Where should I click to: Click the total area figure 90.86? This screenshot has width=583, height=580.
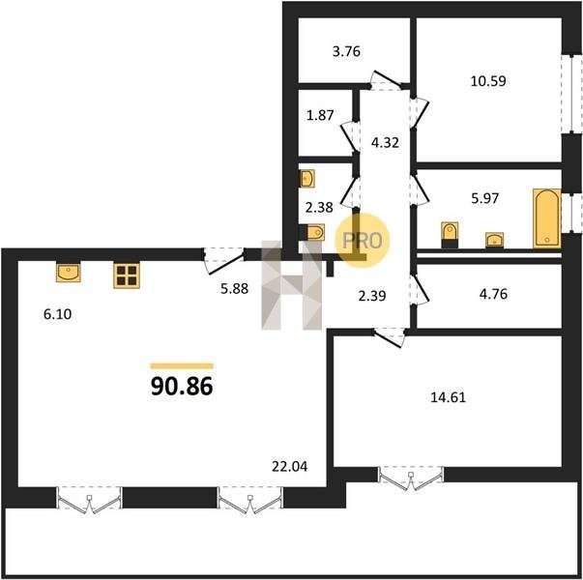182,386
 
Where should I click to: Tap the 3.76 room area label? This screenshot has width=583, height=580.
346,51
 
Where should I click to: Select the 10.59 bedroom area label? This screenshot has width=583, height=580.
488,80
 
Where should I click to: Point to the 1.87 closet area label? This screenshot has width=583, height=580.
320,115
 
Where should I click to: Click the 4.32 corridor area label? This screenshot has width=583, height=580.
385,142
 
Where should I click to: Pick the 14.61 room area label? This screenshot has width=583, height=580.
448,397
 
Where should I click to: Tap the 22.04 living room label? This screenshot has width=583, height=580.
290,466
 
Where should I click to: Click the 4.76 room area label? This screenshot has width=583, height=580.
493,294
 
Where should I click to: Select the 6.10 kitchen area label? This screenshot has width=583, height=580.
58,314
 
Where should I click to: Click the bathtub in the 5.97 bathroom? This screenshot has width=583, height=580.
546,217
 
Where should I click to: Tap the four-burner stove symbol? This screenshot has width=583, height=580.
127,275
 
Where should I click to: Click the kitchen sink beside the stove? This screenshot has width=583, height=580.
69,272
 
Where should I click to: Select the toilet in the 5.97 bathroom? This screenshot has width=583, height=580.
450,235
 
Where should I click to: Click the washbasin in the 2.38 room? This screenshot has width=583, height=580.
307,179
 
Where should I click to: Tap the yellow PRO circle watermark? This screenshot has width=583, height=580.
363,240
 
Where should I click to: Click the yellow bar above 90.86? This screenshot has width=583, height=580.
182,366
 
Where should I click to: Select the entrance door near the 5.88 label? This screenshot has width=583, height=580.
224,260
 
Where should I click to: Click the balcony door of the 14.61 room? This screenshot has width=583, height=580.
411,477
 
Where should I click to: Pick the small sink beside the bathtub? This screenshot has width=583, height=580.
494,240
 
